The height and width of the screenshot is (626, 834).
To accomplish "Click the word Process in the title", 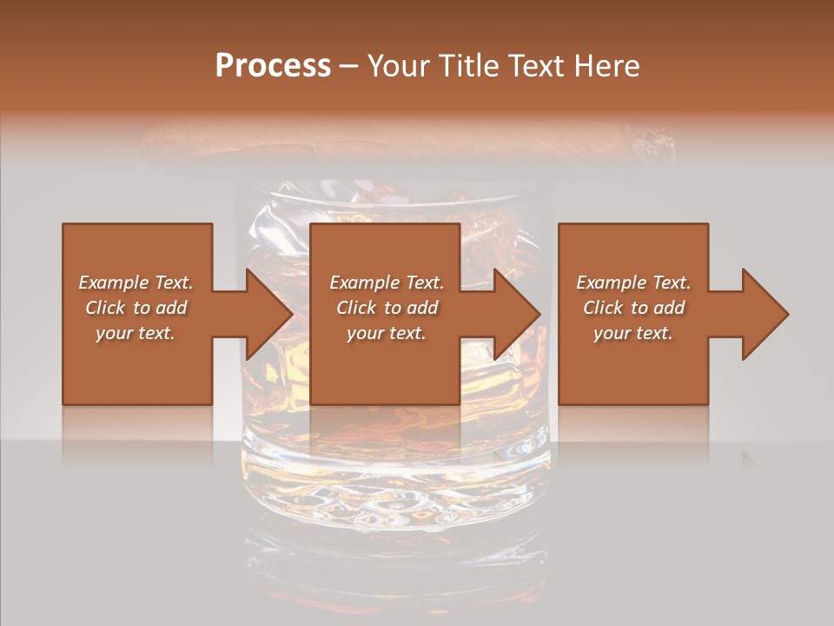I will pyautogui.click(x=273, y=66).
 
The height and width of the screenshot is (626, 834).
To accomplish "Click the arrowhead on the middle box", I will pyautogui.click(x=516, y=314).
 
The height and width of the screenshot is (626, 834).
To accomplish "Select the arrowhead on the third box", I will pyautogui.click(x=764, y=314).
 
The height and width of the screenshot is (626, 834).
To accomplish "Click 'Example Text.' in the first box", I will pyautogui.click(x=136, y=283).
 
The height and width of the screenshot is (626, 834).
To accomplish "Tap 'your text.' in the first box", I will pyautogui.click(x=136, y=333).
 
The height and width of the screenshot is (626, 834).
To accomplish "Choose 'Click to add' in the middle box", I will pyautogui.click(x=387, y=308).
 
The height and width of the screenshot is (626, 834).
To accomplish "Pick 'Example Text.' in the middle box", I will pyautogui.click(x=387, y=283).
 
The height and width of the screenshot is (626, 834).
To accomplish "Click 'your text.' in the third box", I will pyautogui.click(x=633, y=333).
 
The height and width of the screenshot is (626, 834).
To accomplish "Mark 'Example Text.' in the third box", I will pyautogui.click(x=633, y=283).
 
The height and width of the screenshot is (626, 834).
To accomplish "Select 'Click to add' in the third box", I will pyautogui.click(x=633, y=308).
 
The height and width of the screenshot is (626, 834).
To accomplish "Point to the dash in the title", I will pyautogui.click(x=349, y=66).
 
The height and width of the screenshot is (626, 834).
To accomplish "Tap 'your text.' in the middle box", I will pyautogui.click(x=387, y=333).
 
